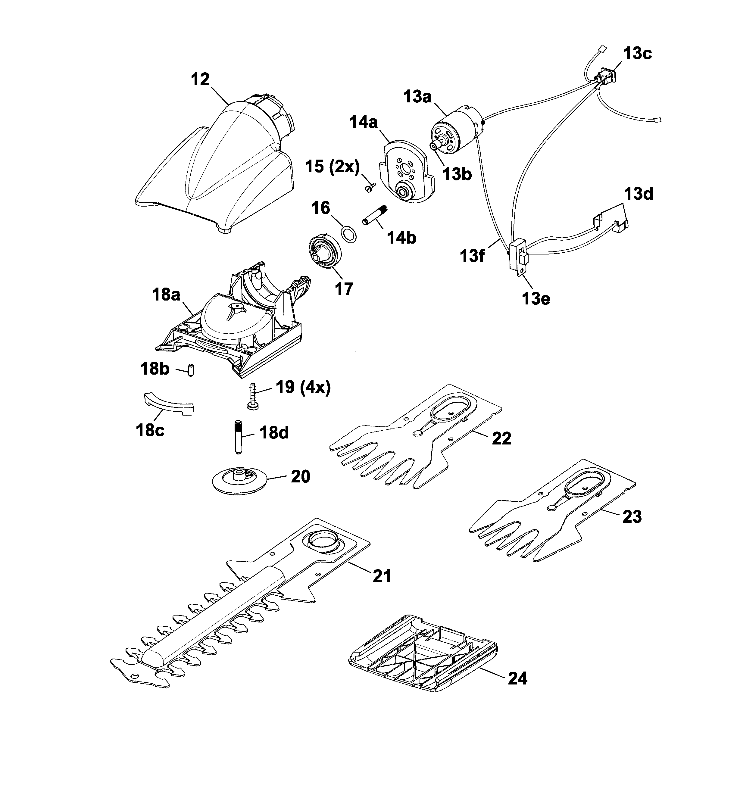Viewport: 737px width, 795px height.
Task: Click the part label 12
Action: (200, 79)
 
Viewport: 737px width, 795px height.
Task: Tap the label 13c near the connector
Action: (637, 53)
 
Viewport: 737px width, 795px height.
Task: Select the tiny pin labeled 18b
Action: (191, 369)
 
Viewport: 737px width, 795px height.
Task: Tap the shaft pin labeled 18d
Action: (238, 437)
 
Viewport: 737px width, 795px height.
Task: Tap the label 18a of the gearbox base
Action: (166, 295)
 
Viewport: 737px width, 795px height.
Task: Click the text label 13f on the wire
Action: (473, 256)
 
